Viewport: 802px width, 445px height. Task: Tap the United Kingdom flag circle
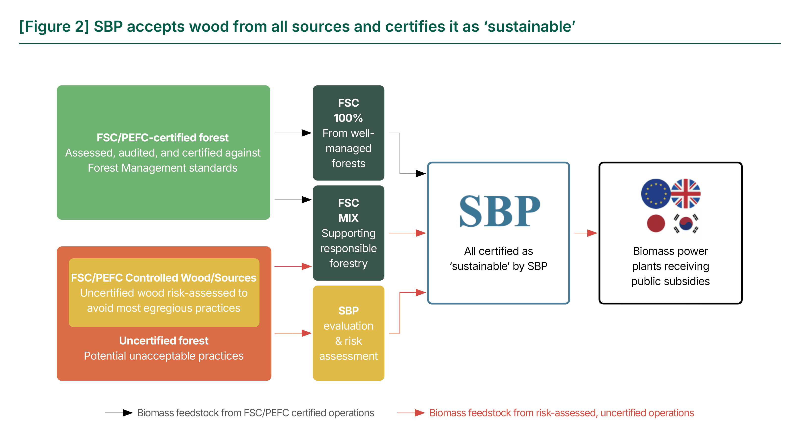point(685,194)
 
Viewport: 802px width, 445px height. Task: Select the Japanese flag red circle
point(656,223)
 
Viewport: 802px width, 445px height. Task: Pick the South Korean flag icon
point(686,223)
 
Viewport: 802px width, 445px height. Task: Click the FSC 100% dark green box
point(348,133)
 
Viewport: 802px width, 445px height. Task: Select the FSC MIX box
point(348,233)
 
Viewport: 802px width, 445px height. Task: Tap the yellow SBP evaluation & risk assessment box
point(348,333)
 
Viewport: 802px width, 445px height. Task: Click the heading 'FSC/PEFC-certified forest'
point(163,137)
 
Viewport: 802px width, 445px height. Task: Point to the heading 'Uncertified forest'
point(164,340)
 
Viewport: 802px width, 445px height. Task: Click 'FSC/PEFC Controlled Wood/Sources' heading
point(164,278)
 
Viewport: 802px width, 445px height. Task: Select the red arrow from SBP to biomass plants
point(585,233)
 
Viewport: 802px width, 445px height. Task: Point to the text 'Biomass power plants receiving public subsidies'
point(670,266)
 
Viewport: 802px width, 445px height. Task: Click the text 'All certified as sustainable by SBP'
point(498,258)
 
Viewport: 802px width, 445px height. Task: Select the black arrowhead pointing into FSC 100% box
point(306,133)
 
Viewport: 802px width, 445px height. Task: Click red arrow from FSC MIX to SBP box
point(407,233)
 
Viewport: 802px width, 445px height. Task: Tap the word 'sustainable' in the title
point(529,26)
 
